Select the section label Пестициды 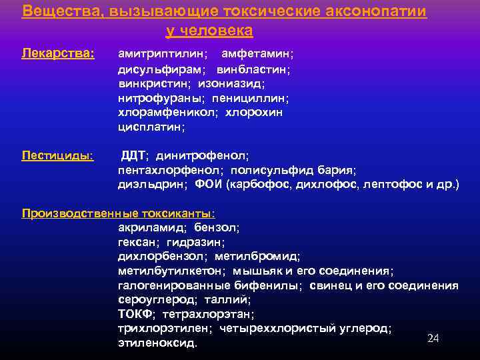[x=57, y=155]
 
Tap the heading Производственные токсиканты [x=118, y=213]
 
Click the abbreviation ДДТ [x=134, y=156]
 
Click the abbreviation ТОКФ [x=135, y=314]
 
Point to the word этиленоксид [x=157, y=343]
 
